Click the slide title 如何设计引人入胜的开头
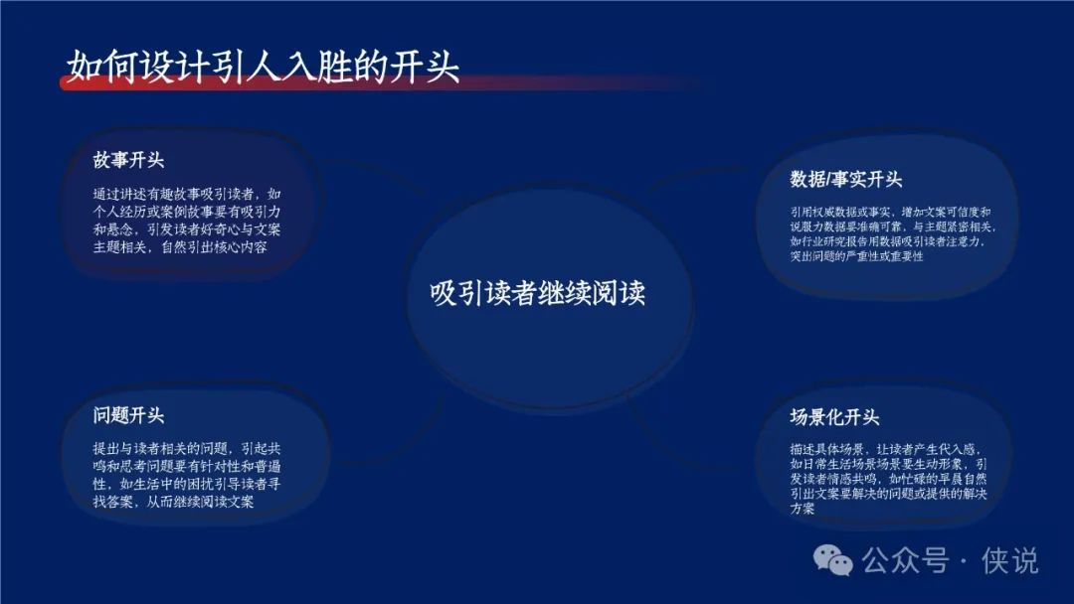[263, 67]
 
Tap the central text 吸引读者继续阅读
[538, 293]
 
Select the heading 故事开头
[128, 160]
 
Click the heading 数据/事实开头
[846, 179]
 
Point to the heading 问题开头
[128, 415]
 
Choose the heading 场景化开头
[834, 417]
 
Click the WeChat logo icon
[833, 561]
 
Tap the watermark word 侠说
[1010, 561]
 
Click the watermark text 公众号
[906, 561]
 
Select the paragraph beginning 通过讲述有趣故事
[187, 221]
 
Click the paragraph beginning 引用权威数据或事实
[893, 233]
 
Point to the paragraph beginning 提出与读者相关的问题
[187, 475]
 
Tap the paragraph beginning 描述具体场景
[888, 478]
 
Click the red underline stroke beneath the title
[384, 83]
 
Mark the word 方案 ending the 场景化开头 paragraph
[803, 509]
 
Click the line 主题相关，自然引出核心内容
[180, 247]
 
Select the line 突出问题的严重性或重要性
[856, 256]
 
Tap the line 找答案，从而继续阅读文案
[173, 502]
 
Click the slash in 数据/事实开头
[827, 179]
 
